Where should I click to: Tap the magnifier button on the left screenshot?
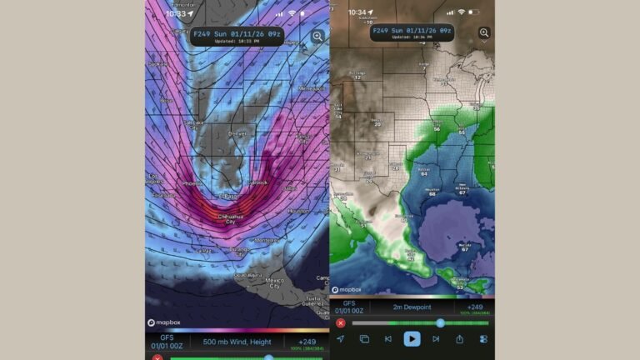[x=318, y=37]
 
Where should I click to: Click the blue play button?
[x=412, y=338]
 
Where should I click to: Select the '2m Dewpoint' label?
[x=412, y=307]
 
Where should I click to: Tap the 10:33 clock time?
[x=175, y=13]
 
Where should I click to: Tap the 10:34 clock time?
[x=357, y=12]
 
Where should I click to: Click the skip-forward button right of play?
[x=436, y=338]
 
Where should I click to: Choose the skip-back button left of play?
[x=387, y=338]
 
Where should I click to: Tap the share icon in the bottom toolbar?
[x=459, y=338]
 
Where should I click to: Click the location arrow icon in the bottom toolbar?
[x=340, y=338]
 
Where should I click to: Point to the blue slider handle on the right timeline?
[x=440, y=322]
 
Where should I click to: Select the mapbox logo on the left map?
[x=163, y=322]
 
